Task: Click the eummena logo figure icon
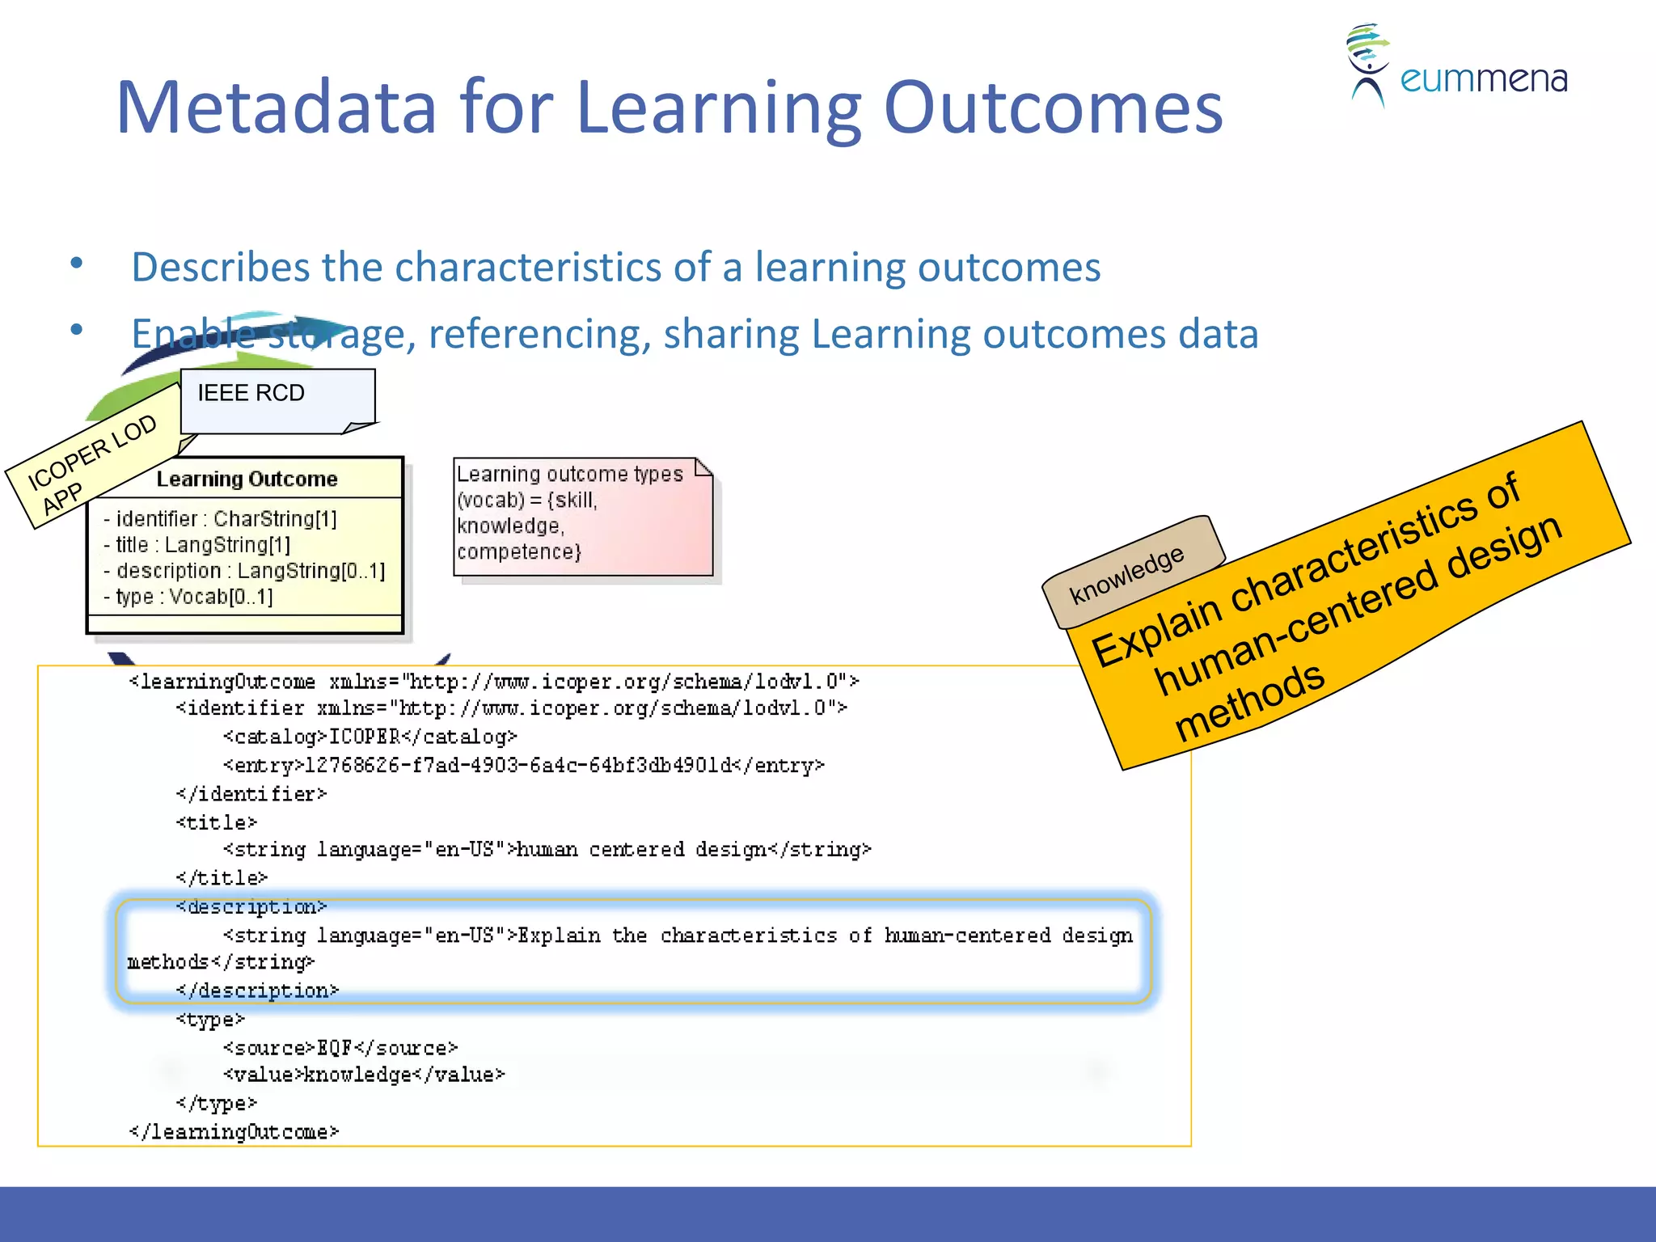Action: point(1367,65)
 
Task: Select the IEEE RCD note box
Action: point(277,399)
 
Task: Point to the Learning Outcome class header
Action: point(246,479)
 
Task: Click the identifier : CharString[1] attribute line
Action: point(220,518)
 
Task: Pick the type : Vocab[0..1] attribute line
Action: point(188,597)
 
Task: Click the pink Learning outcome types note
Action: point(582,516)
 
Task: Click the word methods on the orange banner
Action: point(1248,699)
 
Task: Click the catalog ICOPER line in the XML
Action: point(370,737)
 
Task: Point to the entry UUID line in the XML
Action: point(523,765)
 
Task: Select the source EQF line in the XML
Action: point(340,1048)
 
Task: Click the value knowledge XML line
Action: point(364,1075)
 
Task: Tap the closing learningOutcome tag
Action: point(234,1131)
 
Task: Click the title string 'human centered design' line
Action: point(547,849)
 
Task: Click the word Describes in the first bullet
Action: point(220,267)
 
